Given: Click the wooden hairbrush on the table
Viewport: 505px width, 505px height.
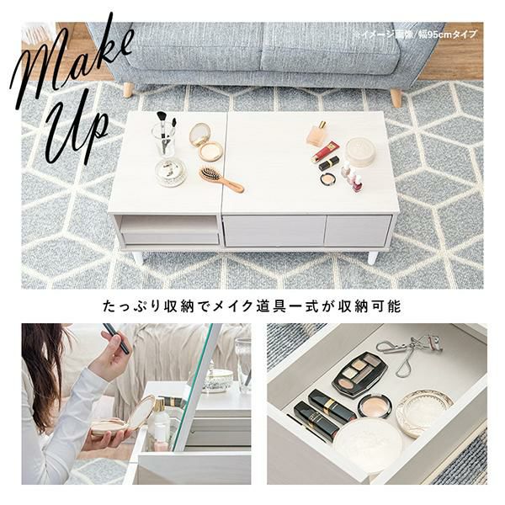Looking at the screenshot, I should point(221,179).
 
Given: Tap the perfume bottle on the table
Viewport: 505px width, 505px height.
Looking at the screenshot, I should point(317,133).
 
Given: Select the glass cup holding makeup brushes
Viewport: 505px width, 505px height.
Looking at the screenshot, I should point(163,138).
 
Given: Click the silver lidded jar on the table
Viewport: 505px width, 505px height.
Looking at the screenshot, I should point(171,172).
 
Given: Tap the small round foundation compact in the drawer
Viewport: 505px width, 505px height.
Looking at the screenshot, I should point(374,407).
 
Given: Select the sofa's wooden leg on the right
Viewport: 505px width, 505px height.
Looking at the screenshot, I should point(396,97).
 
